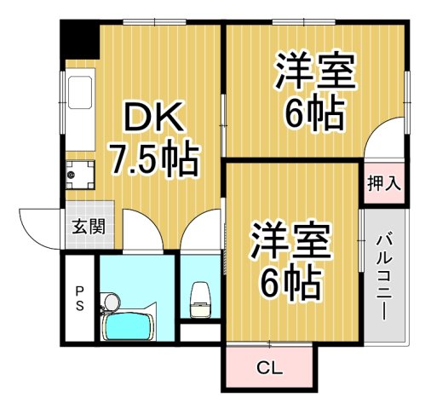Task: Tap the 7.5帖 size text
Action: click(x=153, y=158)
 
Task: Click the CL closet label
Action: click(x=270, y=369)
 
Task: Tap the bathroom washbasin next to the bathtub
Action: click(x=109, y=302)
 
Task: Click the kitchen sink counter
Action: click(x=82, y=115)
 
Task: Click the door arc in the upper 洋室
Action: click(x=384, y=139)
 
